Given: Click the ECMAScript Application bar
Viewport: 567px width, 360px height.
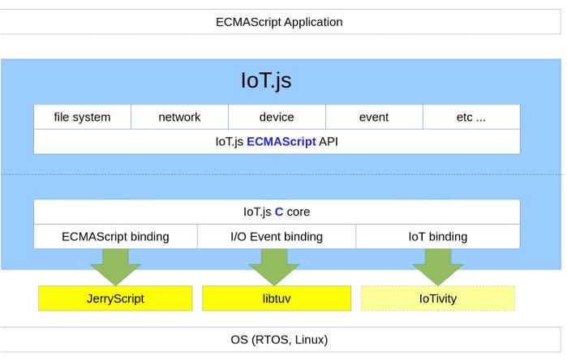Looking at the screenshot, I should click(x=279, y=22).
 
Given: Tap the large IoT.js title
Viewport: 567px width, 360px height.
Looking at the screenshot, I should click(x=266, y=81).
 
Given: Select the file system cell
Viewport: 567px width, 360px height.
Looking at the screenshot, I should click(x=82, y=117).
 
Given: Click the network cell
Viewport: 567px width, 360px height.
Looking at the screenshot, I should click(x=179, y=117).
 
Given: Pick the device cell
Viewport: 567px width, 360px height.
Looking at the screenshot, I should click(x=277, y=117).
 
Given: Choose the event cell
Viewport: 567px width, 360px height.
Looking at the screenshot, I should click(x=374, y=117).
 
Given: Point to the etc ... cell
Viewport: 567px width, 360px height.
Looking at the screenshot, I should click(x=471, y=117).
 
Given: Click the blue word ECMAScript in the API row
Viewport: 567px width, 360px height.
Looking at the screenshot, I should click(x=281, y=141).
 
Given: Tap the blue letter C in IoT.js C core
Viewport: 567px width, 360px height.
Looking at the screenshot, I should click(x=278, y=212).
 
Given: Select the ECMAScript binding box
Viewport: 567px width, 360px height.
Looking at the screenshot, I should click(x=115, y=237).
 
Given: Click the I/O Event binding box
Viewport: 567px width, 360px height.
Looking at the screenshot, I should click(x=276, y=237).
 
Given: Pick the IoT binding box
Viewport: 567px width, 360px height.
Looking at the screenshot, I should click(x=437, y=237).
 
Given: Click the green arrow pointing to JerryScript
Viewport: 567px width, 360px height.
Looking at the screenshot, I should click(x=115, y=266).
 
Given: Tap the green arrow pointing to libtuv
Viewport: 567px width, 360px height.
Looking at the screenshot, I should click(x=274, y=266).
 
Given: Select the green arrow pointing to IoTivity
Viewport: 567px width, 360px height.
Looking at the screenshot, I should click(x=437, y=266).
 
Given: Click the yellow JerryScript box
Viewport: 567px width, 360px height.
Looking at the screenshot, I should click(x=115, y=298).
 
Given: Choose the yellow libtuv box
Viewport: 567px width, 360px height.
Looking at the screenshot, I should click(x=276, y=298).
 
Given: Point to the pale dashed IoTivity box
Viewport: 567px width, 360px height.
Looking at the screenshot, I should click(x=437, y=298).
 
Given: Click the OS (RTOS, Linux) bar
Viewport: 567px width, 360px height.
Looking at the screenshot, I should click(x=279, y=339).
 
